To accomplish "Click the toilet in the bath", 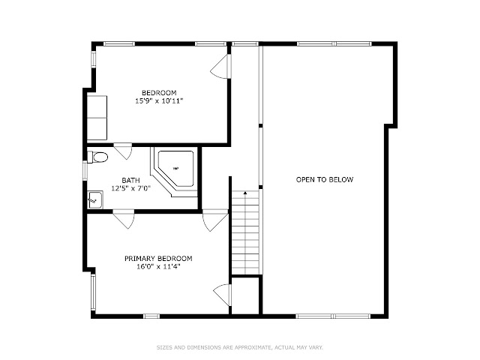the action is click(97, 157).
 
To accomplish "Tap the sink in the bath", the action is click(95, 199).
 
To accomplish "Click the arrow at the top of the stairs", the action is click(245, 193).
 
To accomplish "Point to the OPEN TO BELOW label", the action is click(325, 179).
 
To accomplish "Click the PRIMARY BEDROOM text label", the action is click(158, 258).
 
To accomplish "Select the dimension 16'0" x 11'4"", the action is click(158, 267).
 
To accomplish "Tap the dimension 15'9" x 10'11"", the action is click(159, 100).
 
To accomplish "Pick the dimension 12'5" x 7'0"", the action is click(131, 188).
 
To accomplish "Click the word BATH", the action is click(131, 180).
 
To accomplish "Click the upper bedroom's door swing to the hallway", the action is click(221, 67).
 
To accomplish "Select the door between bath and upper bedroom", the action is click(123, 151).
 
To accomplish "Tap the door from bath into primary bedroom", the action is click(124, 218).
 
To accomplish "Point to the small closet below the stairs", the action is click(246, 295).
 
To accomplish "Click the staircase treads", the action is click(245, 232).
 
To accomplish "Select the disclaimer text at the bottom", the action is click(240, 347).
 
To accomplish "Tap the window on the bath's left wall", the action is click(85, 170).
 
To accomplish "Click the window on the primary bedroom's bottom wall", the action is click(151, 316).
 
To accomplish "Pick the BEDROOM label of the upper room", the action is click(159, 92).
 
